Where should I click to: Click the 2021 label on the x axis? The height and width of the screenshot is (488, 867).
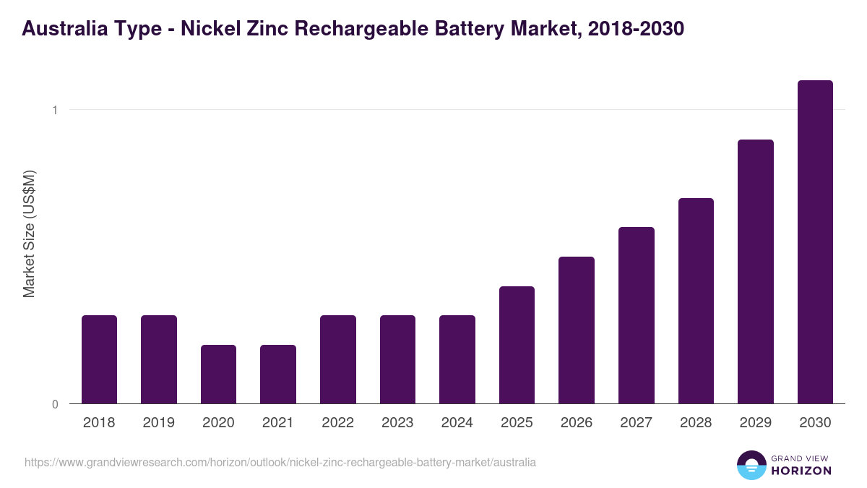tap(278, 423)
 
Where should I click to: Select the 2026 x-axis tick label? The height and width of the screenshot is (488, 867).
tap(577, 423)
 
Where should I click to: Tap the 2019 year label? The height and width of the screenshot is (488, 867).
tap(159, 423)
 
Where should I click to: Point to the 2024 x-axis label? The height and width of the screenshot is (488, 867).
tap(457, 423)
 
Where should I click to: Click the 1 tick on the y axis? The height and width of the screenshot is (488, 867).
tap(54, 110)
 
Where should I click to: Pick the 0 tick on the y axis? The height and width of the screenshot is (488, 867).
tap(54, 404)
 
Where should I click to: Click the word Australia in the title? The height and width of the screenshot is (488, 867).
tap(63, 29)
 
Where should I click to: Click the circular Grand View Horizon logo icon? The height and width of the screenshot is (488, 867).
tap(751, 466)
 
